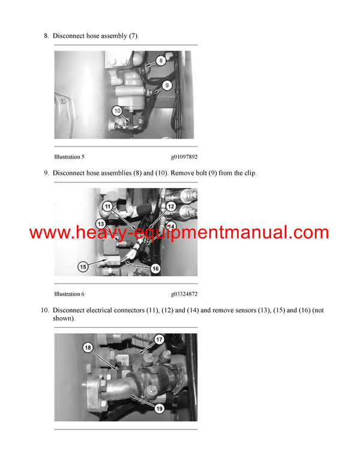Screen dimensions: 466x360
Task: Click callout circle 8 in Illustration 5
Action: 161,60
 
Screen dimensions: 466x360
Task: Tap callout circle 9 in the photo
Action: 167,85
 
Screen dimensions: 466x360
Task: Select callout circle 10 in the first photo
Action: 118,110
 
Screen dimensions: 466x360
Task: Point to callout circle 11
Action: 107,207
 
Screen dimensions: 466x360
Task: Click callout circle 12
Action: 170,207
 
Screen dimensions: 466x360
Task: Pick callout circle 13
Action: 101,223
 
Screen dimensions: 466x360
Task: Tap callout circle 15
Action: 83,265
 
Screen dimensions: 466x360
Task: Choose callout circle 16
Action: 155,268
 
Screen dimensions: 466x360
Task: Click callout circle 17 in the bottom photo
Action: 160,340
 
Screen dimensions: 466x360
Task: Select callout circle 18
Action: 88,348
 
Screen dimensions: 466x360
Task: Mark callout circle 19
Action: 160,408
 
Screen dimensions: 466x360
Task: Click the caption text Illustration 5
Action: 69,157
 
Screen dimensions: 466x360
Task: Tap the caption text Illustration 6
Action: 69,294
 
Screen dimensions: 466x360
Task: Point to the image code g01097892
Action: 184,157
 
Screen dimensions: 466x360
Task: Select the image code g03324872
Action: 184,294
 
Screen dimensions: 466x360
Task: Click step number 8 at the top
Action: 46,36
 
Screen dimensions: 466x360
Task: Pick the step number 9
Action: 46,173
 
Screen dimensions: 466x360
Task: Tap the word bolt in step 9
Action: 200,173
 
